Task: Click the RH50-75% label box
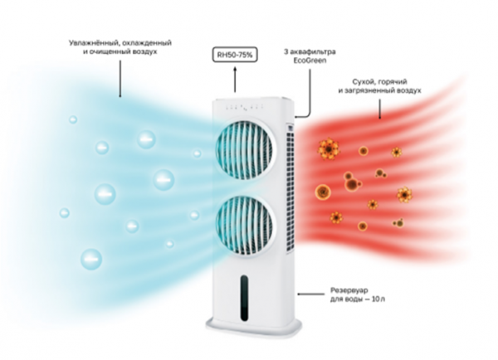click(235, 55)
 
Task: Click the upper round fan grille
click(244, 149)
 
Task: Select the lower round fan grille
click(244, 225)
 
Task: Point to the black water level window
click(244, 298)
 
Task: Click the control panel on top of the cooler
click(245, 108)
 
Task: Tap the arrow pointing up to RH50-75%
click(235, 80)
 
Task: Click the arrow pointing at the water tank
click(310, 294)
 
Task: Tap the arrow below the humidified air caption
click(120, 79)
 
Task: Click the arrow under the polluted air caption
click(379, 109)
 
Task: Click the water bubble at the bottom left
click(91, 259)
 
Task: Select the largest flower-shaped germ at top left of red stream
click(329, 148)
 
